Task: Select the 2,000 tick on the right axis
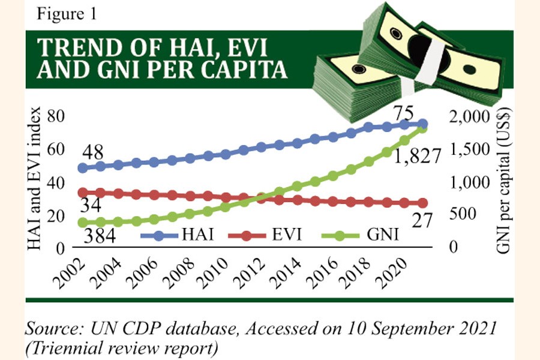[474, 117]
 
